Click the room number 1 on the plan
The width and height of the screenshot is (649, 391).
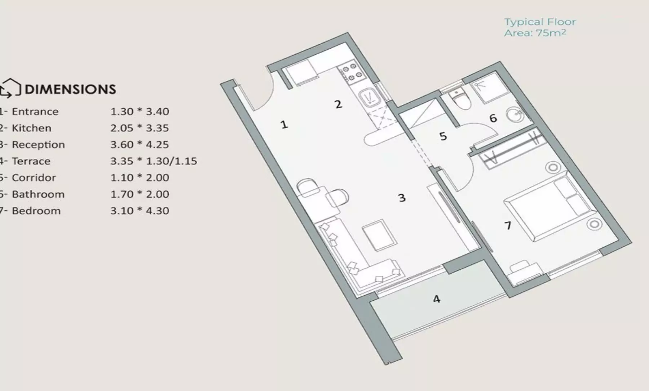(x=284, y=125)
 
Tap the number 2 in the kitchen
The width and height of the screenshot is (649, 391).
(x=338, y=104)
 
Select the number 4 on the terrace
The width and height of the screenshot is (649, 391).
(x=437, y=299)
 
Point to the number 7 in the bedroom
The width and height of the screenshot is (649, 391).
(x=508, y=225)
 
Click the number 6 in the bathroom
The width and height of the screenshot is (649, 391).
(x=493, y=118)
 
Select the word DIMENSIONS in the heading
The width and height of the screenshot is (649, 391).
(x=70, y=89)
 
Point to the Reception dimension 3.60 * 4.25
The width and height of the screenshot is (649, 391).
(x=140, y=144)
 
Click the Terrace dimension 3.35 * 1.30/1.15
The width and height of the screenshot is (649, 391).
(x=154, y=161)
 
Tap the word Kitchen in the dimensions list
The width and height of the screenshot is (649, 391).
(x=32, y=128)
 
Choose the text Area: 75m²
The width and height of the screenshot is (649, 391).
(x=535, y=33)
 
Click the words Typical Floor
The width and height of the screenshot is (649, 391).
(x=540, y=22)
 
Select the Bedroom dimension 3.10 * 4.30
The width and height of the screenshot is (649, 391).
(x=140, y=211)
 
